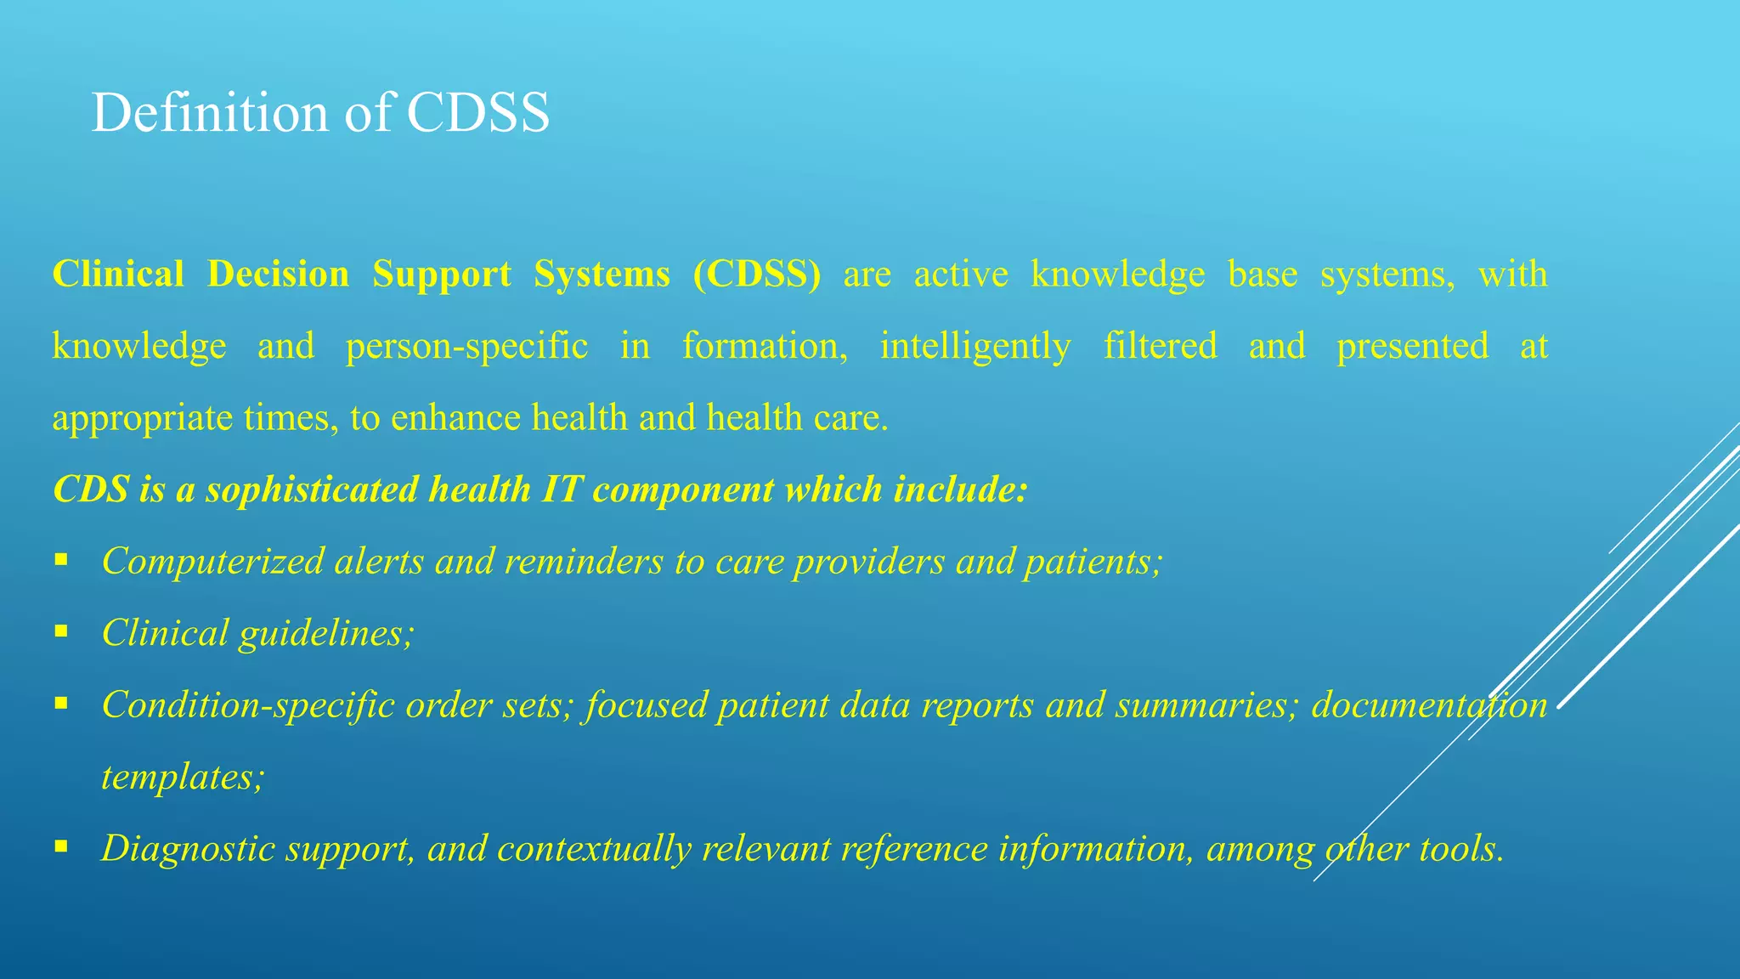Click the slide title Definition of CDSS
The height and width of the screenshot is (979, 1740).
[x=320, y=113]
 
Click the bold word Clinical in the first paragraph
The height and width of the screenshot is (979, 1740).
[x=118, y=274]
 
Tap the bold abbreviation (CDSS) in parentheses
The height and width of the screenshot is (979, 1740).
[x=756, y=274]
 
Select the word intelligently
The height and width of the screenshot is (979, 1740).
[x=975, y=347]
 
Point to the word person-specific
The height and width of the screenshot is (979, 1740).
[x=466, y=347]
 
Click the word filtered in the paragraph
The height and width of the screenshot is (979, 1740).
[x=1160, y=347]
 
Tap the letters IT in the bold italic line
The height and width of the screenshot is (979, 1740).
[x=562, y=490]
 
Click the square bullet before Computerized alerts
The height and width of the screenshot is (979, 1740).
[x=60, y=560]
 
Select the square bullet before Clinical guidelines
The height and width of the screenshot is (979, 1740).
[x=60, y=631]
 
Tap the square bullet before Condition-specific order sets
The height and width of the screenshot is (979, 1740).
[x=60, y=704]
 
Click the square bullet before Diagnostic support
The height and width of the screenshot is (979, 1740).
[x=60, y=847]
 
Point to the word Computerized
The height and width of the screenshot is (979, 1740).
[x=212, y=562]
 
